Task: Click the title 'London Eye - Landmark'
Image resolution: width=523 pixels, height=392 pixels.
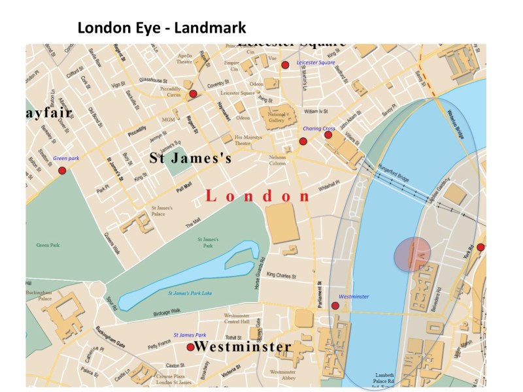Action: [161, 28]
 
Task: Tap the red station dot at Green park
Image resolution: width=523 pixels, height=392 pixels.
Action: [62, 171]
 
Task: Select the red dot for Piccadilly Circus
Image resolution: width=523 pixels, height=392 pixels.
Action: [193, 94]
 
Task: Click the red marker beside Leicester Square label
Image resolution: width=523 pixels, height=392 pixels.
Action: [285, 65]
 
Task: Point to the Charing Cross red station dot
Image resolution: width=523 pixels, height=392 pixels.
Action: [303, 141]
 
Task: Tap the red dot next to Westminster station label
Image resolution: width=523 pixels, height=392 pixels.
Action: [335, 306]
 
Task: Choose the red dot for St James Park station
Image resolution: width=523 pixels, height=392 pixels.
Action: [190, 348]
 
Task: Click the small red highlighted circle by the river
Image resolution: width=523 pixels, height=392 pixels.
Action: [412, 254]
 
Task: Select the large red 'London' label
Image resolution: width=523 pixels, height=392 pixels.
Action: [258, 196]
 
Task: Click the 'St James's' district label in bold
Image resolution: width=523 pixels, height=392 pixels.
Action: [190, 157]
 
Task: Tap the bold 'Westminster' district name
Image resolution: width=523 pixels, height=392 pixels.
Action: [243, 346]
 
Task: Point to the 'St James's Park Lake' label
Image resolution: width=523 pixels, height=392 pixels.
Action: [190, 293]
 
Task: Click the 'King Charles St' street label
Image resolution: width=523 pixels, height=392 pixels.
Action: [286, 275]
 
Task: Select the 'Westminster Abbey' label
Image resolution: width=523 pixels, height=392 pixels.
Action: [283, 375]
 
